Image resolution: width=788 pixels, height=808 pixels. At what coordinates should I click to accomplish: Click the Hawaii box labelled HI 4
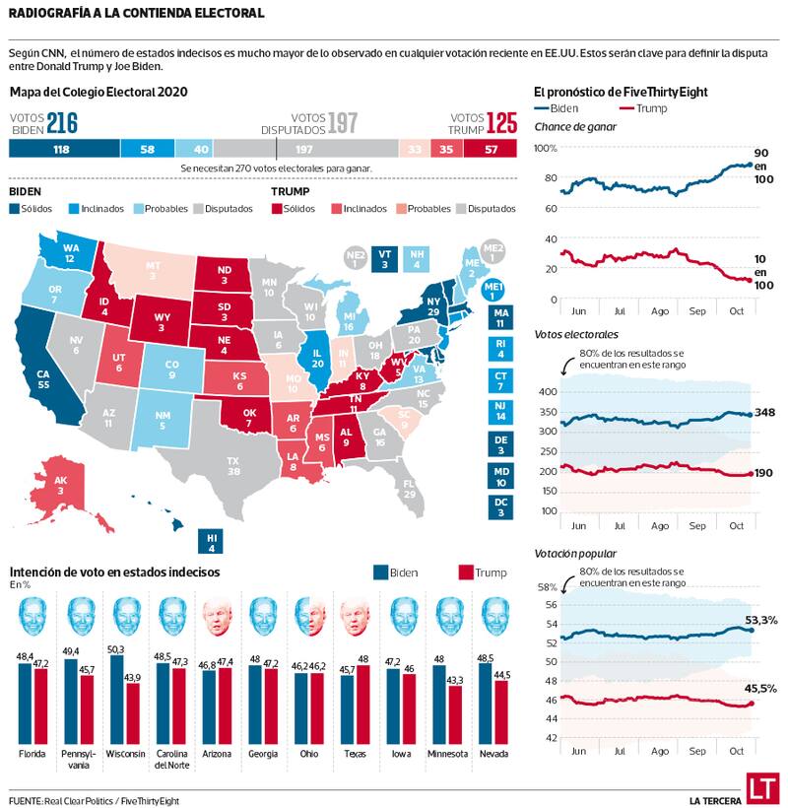[211, 541]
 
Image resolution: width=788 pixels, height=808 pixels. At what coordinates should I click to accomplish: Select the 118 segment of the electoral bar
[63, 149]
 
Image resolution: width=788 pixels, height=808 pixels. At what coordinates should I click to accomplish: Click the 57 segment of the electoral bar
[492, 149]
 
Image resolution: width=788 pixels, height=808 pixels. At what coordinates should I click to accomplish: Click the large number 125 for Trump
[501, 123]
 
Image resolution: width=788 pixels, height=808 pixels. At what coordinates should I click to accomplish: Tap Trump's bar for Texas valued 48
[363, 704]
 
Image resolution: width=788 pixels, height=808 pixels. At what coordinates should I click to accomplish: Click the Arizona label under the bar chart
[218, 754]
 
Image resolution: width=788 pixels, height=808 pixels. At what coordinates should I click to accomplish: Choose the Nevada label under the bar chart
[493, 754]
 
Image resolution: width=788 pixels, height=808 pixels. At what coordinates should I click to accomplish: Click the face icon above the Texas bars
[356, 618]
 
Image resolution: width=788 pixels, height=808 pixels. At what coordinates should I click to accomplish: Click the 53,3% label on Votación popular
[761, 620]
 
